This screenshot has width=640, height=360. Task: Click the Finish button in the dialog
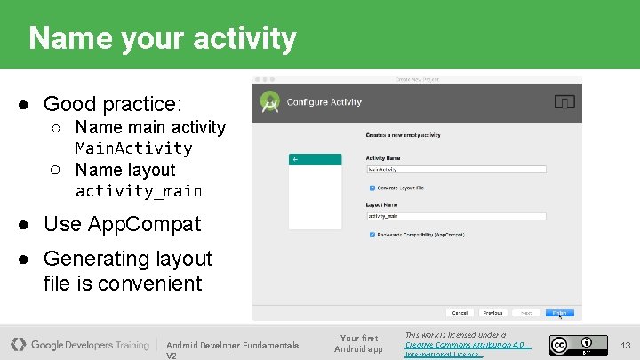(x=560, y=313)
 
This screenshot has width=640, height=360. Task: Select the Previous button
(x=492, y=313)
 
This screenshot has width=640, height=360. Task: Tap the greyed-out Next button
(x=526, y=313)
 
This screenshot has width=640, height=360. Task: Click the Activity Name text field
(x=455, y=168)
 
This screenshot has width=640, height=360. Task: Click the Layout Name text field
(x=455, y=215)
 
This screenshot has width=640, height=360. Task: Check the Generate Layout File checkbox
(x=372, y=188)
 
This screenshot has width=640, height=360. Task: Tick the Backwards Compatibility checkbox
(x=372, y=235)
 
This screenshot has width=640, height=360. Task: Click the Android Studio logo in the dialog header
(x=269, y=102)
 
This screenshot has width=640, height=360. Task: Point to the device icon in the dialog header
(x=564, y=102)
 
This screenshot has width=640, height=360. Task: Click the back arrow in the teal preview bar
(x=295, y=159)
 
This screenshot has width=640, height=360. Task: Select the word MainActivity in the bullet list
(x=133, y=148)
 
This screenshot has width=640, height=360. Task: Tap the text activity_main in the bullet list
(x=139, y=191)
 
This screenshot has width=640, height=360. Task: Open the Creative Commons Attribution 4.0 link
(x=463, y=344)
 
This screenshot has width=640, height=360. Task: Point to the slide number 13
(x=625, y=345)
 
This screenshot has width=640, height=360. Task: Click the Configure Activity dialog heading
(x=324, y=102)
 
